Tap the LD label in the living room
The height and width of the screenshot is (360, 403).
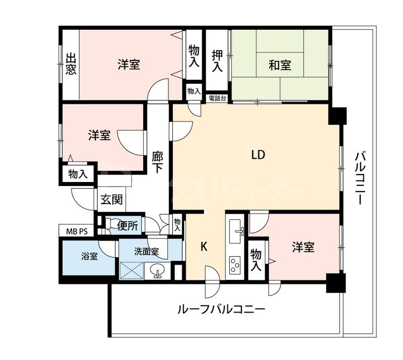click(x=258, y=155)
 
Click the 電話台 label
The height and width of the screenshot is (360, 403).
click(x=217, y=98)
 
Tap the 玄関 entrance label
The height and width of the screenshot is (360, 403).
click(x=111, y=200)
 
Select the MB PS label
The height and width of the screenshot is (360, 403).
click(x=77, y=231)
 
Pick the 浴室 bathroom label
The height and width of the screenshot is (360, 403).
click(x=90, y=256)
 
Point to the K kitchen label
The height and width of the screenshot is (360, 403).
click(x=204, y=247)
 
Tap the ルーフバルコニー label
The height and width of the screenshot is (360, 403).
click(x=221, y=309)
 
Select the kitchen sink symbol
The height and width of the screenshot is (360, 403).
click(x=236, y=231)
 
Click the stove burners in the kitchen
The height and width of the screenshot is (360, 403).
click(x=235, y=265)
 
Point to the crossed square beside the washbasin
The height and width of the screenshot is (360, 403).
click(x=132, y=271)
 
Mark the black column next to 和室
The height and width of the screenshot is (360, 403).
click(x=337, y=115)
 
